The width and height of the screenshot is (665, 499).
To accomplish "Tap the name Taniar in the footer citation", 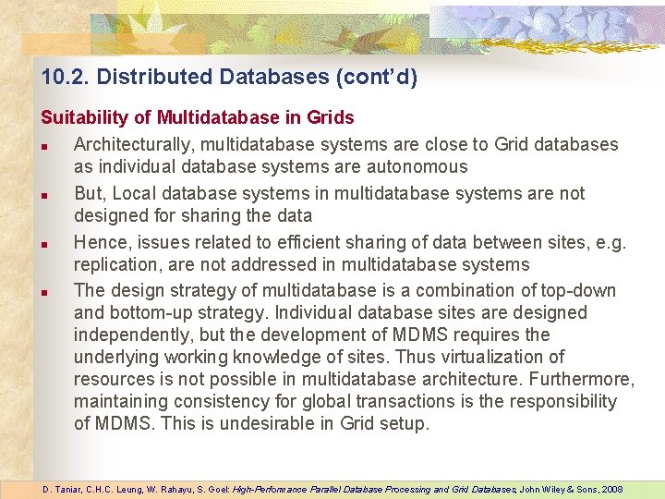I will (69, 489).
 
